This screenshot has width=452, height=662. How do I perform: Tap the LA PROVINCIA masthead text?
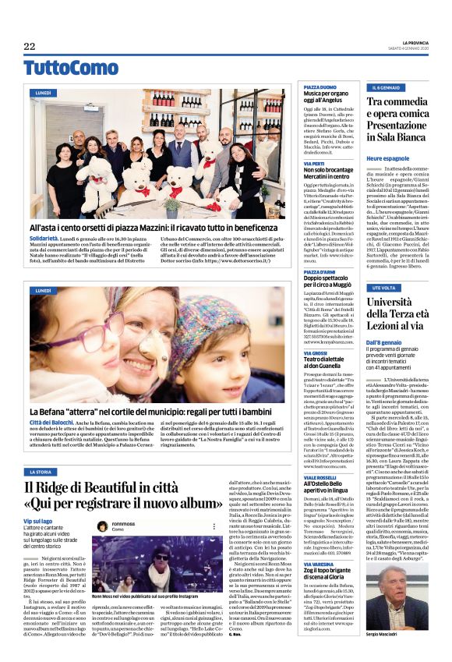pos(406,41)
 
